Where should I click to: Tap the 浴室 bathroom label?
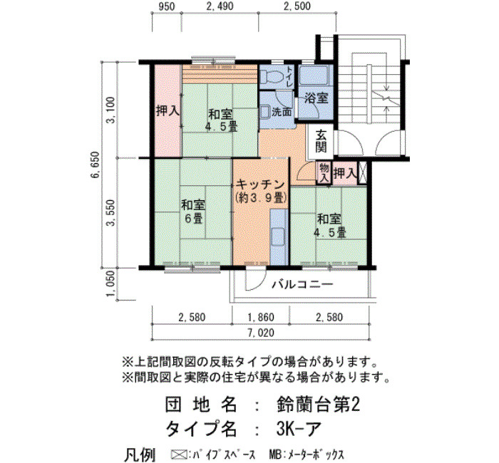[x=316, y=98]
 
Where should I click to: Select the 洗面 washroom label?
[x=282, y=113]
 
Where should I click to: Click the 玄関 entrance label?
[x=321, y=141]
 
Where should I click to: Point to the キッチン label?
[x=261, y=184]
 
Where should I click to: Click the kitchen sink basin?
[x=278, y=237]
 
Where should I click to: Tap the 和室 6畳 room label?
[x=193, y=212]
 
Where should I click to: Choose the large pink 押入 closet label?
[x=168, y=111]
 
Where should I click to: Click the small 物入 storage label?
[x=324, y=173]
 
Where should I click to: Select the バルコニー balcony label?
[x=302, y=284]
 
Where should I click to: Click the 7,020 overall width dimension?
[x=260, y=333]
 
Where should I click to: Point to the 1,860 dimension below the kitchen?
[x=261, y=317]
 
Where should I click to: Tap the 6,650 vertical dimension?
[x=96, y=170]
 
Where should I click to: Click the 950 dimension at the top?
[x=166, y=6]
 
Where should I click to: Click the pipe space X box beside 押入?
[x=363, y=173]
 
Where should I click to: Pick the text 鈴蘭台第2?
[x=318, y=405]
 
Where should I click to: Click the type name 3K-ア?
[x=298, y=429]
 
